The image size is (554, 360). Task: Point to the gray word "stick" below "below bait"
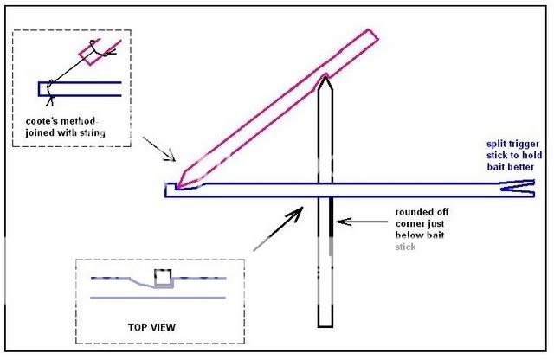pos(406,246)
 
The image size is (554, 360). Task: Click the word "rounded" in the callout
pos(412,210)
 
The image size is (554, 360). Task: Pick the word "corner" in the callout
pos(410,222)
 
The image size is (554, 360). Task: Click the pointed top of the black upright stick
pos(324,80)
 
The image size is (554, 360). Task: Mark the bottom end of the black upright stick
pos(324,324)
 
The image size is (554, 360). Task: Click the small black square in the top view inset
pos(161,277)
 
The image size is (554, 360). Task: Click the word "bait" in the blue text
pos(497,165)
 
